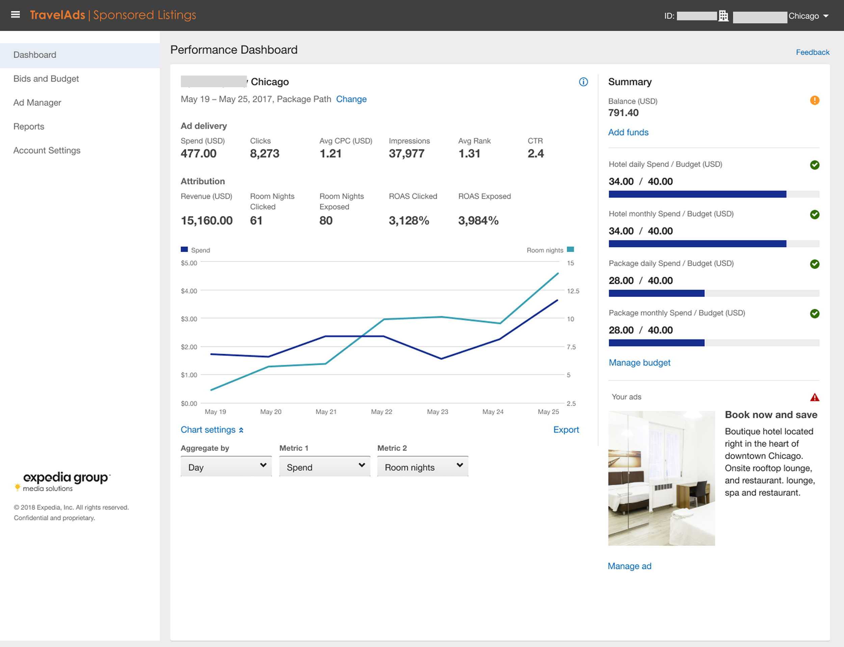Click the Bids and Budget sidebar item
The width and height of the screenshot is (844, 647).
point(46,79)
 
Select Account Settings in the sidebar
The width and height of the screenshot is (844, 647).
point(47,150)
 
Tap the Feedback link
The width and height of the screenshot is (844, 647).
point(812,52)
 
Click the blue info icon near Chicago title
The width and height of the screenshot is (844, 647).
point(583,82)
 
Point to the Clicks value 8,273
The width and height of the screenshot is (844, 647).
point(264,153)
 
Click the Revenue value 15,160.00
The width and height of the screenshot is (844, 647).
point(207,220)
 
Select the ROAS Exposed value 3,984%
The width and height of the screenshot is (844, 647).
point(478,220)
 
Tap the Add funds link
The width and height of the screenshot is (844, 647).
point(628,132)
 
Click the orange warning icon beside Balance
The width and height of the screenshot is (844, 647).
point(814,100)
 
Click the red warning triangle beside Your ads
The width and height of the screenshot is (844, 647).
point(814,397)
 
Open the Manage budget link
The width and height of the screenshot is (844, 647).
point(639,362)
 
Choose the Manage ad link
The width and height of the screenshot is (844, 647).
point(629,566)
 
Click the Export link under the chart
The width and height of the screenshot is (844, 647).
point(566,429)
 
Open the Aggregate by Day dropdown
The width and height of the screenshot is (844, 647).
point(226,467)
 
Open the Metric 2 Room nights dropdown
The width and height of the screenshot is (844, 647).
point(423,467)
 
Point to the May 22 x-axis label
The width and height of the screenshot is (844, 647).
point(381,412)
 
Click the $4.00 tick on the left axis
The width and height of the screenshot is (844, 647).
point(189,291)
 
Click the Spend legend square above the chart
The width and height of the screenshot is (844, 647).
point(184,249)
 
